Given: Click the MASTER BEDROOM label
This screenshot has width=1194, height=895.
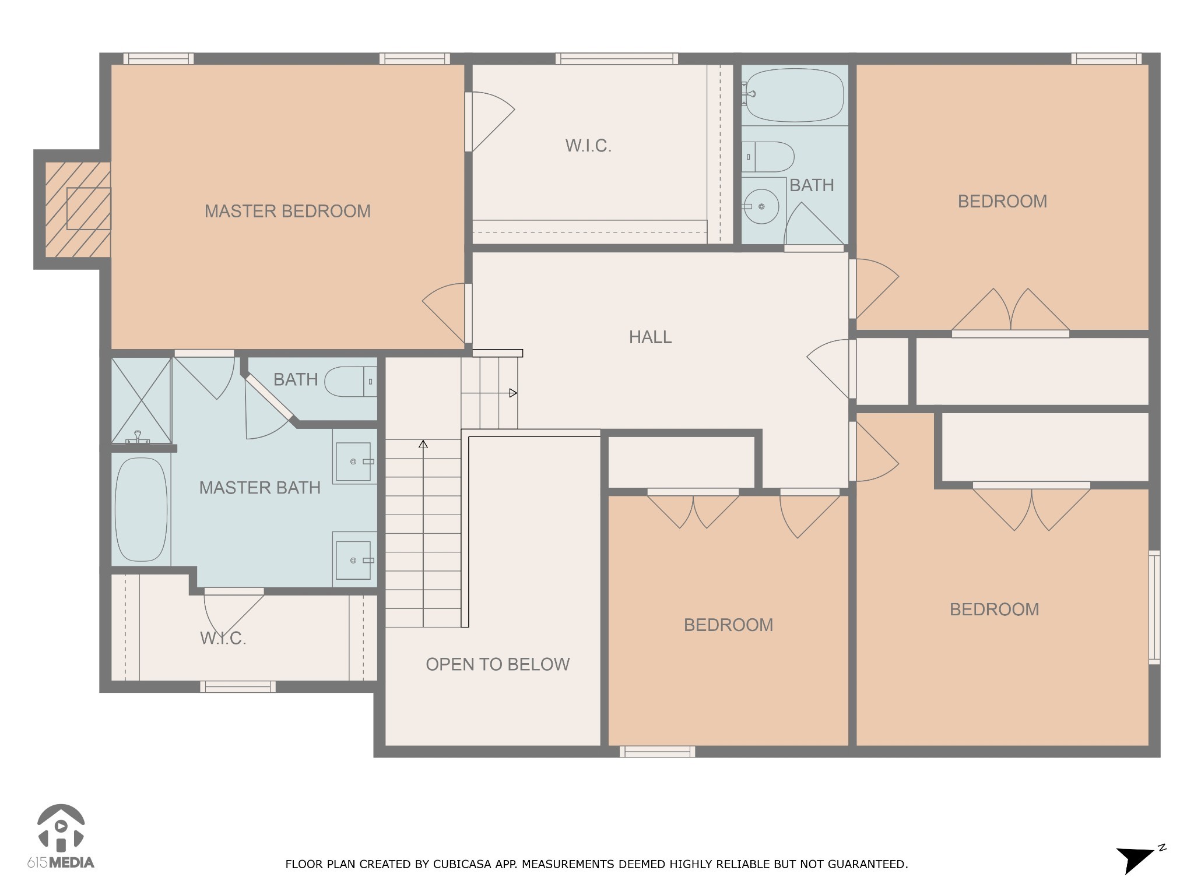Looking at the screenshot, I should coord(287,211).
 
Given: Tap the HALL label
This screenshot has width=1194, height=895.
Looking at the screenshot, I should coord(650,337).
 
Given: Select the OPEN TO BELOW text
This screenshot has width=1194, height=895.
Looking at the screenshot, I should coord(497,664).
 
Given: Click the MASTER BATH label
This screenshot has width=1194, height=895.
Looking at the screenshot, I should coord(260,488).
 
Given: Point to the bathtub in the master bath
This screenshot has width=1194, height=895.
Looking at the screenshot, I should coord(141,510).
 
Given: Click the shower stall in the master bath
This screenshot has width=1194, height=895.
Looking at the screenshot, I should coord(141,400).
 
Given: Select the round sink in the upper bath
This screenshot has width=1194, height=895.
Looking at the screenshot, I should coord(761,206).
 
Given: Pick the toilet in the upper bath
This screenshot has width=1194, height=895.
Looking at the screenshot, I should coord(770,157).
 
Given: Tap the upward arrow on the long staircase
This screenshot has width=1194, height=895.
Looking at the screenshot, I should coord(423,445).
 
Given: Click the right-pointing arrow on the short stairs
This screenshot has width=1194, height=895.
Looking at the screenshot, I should coord(512,393).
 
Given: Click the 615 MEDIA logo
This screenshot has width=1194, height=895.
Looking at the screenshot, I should coord(61,836).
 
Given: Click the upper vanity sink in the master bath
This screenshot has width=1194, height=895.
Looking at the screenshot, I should coord(354,461).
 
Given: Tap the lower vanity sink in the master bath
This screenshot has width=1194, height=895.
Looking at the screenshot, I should coord(354,560).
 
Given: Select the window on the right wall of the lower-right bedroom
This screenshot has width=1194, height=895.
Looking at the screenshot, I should coord(1154,607).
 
